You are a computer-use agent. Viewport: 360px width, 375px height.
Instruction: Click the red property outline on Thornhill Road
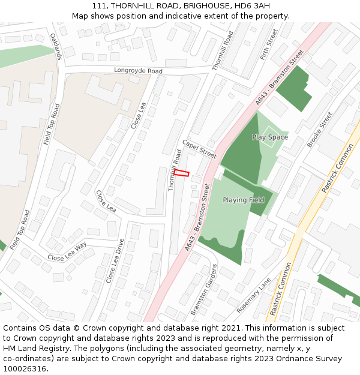(x=182, y=173)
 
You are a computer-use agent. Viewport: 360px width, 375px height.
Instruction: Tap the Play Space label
(x=270, y=137)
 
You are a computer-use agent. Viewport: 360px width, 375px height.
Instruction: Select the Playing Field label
(x=244, y=200)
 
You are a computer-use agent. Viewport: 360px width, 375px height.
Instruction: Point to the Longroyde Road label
(x=138, y=71)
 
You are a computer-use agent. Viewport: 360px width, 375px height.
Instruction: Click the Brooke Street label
(x=319, y=130)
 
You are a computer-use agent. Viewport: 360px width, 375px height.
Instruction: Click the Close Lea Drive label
(x=115, y=261)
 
